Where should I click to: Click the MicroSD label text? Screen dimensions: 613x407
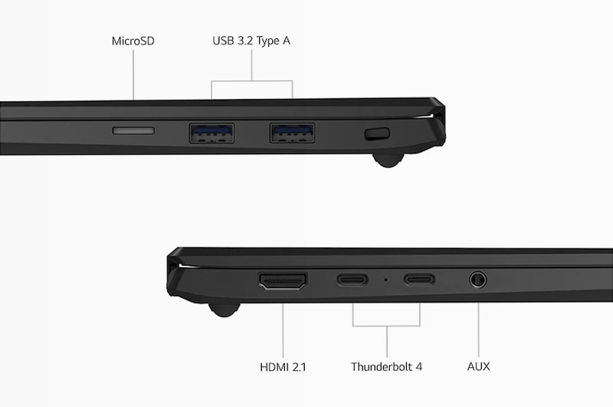(x=133, y=41)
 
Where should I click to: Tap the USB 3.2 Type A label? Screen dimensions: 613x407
(x=251, y=41)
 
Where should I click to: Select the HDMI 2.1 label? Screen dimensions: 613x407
(x=283, y=367)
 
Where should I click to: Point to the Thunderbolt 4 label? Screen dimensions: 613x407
(x=386, y=366)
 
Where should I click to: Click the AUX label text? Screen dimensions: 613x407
(x=478, y=366)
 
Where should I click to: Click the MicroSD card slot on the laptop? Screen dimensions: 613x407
(x=133, y=130)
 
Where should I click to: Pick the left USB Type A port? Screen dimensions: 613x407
(x=212, y=133)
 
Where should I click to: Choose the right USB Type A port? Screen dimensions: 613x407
(x=292, y=133)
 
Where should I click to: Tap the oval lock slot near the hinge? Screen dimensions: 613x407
(x=377, y=133)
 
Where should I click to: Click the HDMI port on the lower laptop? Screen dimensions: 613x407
(x=283, y=281)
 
